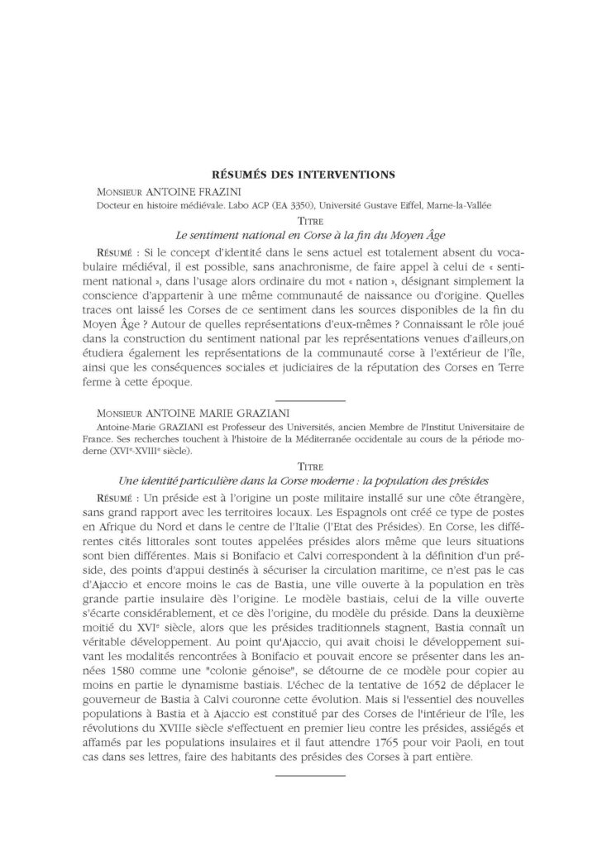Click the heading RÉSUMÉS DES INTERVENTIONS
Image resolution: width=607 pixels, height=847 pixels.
tap(303, 174)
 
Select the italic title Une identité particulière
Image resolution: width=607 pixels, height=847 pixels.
tap(303, 480)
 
